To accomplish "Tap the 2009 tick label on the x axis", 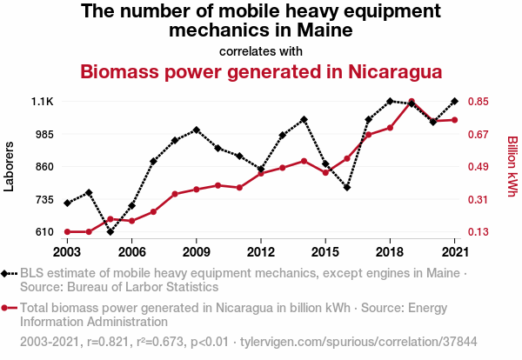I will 197,251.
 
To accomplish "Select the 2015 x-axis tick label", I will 325,251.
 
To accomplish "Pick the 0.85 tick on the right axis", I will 482,102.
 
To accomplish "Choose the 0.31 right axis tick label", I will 482,200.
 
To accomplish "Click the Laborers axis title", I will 10,165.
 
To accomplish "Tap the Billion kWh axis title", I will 512,166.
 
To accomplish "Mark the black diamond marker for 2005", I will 110,231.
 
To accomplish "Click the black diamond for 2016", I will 347,187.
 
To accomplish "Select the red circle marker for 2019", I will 412,103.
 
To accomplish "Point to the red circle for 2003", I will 67,231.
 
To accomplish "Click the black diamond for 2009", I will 197,130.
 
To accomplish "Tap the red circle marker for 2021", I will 454,120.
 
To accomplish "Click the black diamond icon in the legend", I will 6,273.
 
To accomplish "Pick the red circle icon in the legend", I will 6,307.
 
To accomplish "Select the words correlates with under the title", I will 261,50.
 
